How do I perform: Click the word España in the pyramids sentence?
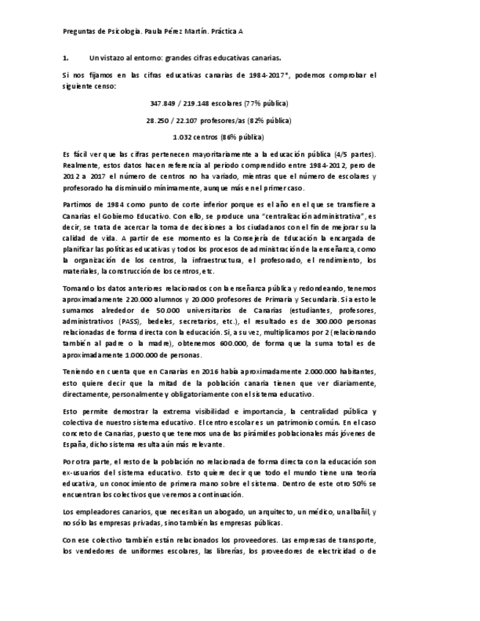[x=74, y=445]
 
